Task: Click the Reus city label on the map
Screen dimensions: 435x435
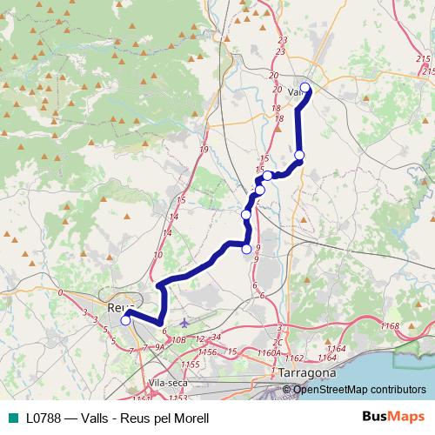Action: pos(116,307)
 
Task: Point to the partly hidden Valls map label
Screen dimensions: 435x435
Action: pos(294,90)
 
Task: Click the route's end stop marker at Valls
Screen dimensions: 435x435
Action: pos(305,87)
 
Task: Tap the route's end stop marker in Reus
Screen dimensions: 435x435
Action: pos(125,320)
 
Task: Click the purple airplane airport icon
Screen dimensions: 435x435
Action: pos(181,322)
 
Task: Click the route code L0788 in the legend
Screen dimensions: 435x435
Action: pos(43,418)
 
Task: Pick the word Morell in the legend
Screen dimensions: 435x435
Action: pos(191,418)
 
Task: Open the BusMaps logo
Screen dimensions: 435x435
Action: pos(394,417)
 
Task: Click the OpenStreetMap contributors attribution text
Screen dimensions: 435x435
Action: pos(359,390)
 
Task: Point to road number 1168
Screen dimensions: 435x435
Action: pos(389,325)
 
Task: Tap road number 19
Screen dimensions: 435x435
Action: pos(203,151)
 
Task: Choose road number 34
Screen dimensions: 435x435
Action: pos(216,337)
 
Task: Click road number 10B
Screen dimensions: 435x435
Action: pos(179,339)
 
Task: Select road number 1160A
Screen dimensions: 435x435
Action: pos(269,354)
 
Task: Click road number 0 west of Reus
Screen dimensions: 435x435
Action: pos(60,293)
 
